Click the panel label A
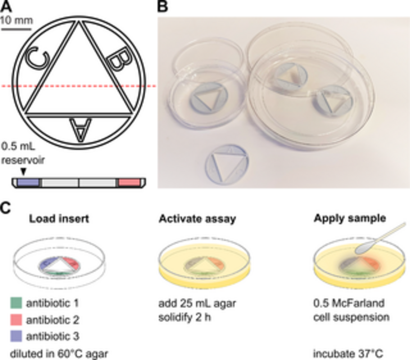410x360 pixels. click(6, 6)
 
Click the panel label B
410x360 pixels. click(163, 6)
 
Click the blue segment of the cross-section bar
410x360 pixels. click(27, 183)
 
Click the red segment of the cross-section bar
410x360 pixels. click(130, 183)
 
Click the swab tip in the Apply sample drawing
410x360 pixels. click(364, 247)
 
